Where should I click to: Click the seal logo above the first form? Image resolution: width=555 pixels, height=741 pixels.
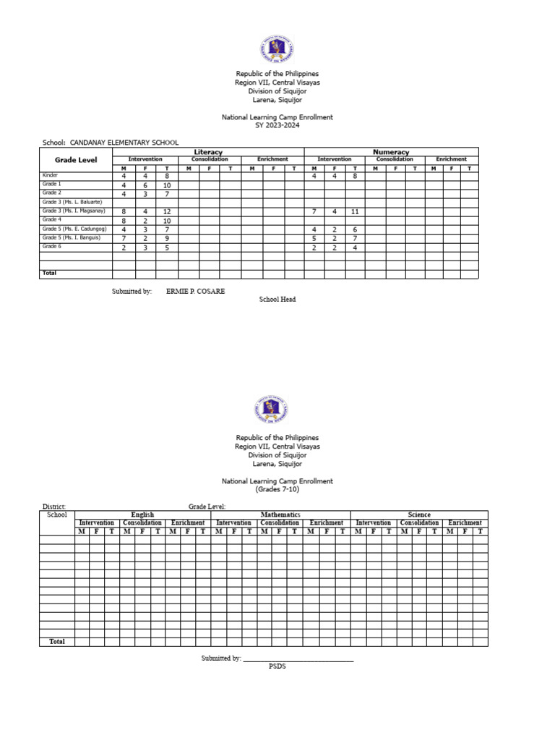coord(277,49)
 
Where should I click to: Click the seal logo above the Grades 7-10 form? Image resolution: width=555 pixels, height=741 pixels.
coord(272,410)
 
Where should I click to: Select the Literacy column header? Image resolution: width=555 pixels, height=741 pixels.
coord(208,152)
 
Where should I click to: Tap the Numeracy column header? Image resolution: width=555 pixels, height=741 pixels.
coord(391,152)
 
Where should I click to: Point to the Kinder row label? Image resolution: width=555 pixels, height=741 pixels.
coord(50,175)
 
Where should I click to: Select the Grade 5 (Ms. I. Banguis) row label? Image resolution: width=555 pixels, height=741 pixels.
coord(72,237)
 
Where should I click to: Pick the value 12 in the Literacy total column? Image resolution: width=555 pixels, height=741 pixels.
coord(167,211)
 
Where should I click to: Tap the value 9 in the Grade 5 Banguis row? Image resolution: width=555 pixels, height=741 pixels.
coord(167,238)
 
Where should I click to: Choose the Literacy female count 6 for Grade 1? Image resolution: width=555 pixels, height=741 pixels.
coord(145,185)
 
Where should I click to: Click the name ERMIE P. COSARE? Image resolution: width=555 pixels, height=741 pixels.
coord(195,291)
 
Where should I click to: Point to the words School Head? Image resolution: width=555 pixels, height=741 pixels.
coord(277,300)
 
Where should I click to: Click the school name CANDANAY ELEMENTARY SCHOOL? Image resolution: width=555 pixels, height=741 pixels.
coord(124,143)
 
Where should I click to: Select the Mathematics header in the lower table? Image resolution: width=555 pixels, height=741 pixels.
coord(280,515)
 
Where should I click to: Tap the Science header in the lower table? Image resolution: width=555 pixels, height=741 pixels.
coord(419,515)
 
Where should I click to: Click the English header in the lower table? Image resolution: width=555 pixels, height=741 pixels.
coord(142,515)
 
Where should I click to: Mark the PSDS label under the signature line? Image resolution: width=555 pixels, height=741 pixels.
coord(277,666)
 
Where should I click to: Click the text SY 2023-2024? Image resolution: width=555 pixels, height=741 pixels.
coord(277,125)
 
